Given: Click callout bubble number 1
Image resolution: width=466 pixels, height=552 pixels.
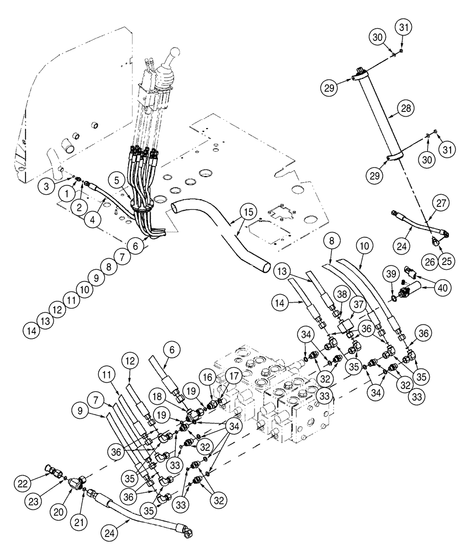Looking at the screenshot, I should click(x=66, y=194).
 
